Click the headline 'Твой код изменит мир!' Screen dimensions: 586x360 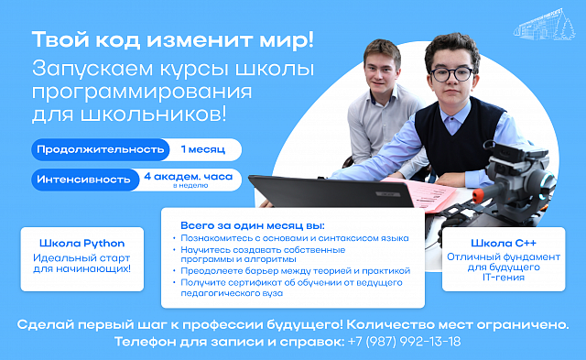point(173,39)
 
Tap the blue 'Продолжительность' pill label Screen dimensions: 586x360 point(100,149)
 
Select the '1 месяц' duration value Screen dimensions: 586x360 point(203,149)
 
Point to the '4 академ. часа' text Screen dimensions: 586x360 point(189,177)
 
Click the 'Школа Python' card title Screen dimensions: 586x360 point(82,244)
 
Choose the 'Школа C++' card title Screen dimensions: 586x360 point(504,243)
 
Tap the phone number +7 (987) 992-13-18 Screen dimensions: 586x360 point(404,342)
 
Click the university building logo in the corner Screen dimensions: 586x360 point(544,25)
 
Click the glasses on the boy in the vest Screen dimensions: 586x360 point(451,74)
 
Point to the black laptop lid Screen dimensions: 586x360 point(331,191)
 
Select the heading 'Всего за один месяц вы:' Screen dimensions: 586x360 point(253,225)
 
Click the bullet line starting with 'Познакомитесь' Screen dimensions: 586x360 point(295,238)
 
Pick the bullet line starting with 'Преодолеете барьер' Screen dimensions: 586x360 point(295,270)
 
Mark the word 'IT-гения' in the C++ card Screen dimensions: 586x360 point(504,278)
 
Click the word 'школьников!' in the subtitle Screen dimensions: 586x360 point(153,114)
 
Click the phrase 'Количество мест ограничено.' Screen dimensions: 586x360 point(458,324)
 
